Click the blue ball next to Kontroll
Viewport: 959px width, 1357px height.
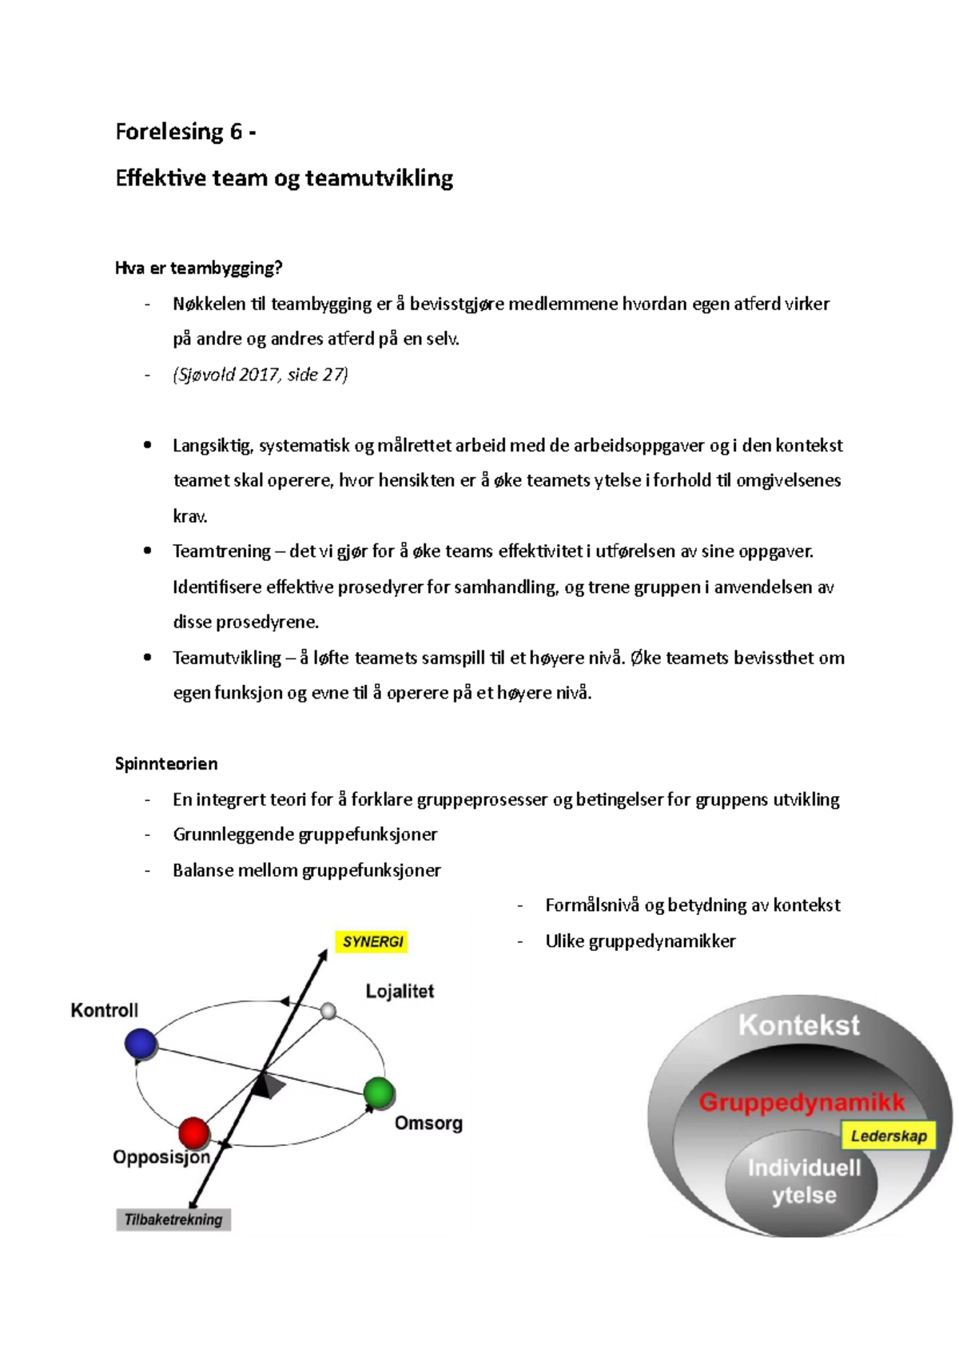coord(141,1044)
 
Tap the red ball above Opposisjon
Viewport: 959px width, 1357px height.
coord(193,1132)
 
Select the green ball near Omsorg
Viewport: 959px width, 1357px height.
coord(379,1092)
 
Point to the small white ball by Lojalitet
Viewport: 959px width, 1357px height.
coord(328,1012)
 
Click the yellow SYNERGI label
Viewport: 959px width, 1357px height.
coord(372,941)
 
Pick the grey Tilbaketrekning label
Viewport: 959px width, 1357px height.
coord(173,1220)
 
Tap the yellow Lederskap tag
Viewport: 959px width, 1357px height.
coord(888,1136)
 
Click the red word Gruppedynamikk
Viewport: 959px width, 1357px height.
coord(802,1103)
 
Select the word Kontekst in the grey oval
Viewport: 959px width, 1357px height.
coord(798,1025)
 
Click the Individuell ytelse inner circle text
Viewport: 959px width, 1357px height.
coord(804,1182)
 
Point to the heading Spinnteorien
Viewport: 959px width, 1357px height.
coord(166,764)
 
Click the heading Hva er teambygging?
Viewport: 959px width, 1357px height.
coord(199,268)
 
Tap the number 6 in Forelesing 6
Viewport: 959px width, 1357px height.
coord(236,132)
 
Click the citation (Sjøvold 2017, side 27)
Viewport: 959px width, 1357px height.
coord(261,375)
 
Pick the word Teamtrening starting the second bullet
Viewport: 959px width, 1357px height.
coord(221,551)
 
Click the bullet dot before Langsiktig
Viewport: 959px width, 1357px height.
coord(147,445)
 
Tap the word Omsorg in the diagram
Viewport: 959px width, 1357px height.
coord(428,1123)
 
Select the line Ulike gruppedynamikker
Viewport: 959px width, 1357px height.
coord(640,941)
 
